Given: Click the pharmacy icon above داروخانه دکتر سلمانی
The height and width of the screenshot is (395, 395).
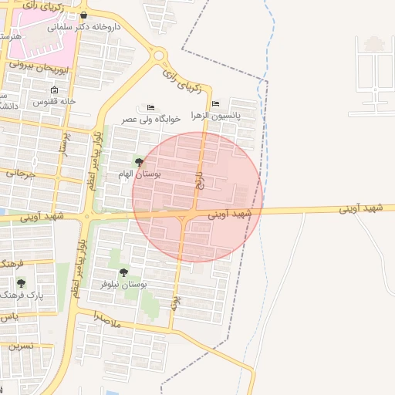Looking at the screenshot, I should tap(83, 15).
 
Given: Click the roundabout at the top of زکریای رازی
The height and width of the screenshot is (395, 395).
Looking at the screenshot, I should tap(160, 56).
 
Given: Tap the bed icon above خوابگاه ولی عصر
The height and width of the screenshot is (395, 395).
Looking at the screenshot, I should tap(150, 107).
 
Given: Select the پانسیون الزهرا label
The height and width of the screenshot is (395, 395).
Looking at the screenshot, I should tap(238, 115).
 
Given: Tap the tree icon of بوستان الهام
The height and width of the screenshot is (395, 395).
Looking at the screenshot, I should tap(139, 162).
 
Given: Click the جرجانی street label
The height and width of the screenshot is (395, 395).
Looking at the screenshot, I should tap(21, 174).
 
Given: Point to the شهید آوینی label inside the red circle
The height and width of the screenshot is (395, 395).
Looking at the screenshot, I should tap(231, 212).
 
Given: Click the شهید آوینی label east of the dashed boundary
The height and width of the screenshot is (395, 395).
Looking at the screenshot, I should tap(362, 209).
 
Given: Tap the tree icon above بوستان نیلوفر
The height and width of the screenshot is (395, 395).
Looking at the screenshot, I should tap(123, 272).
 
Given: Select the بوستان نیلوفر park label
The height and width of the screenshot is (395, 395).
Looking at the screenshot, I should tap(123, 284).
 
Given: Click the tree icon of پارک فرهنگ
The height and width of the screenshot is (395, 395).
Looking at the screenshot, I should tap(21, 283).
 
